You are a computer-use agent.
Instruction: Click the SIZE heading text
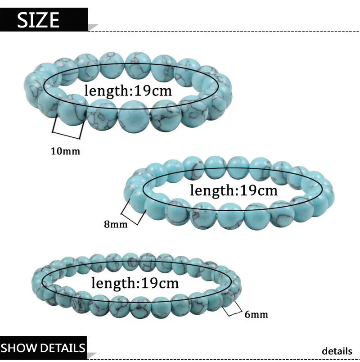tap(39, 20)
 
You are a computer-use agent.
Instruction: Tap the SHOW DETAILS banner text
tap(43, 348)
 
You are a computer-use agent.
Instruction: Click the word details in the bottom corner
tap(337, 351)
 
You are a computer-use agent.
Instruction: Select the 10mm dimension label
tap(65, 151)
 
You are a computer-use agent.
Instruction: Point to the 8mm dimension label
tap(116, 223)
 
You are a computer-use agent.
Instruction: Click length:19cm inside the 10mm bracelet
tap(128, 90)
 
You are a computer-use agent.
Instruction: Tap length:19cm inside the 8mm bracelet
tap(234, 190)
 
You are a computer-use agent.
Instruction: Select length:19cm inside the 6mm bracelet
tap(135, 283)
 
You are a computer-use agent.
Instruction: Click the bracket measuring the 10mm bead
tap(68, 129)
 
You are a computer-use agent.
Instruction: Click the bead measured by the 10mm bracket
tap(72, 110)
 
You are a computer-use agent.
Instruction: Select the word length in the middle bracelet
tap(210, 190)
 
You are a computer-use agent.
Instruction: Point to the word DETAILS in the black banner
tap(62, 348)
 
